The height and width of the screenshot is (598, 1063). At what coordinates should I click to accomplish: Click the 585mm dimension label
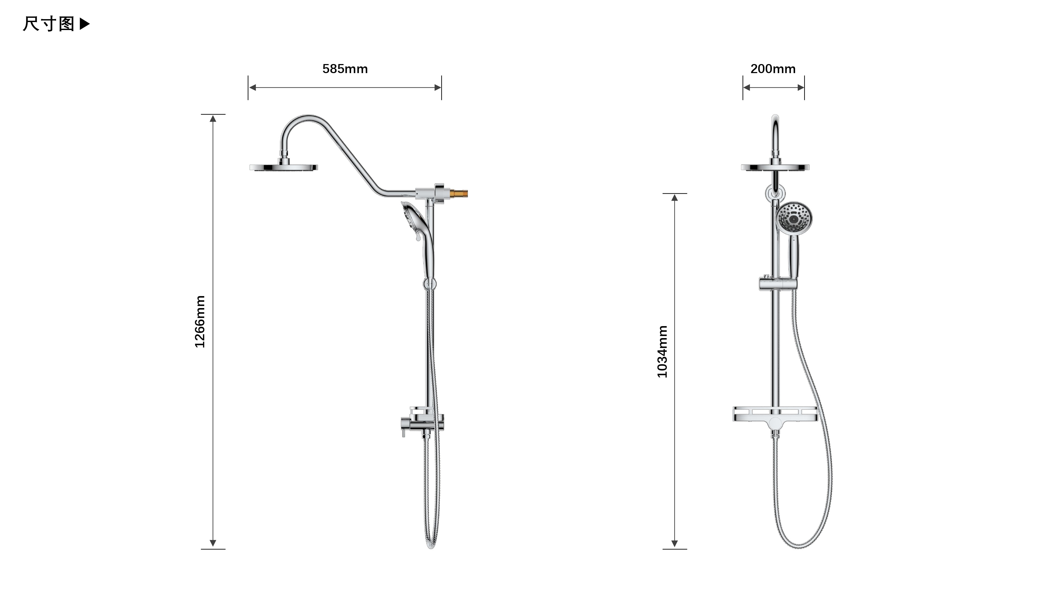[345, 69]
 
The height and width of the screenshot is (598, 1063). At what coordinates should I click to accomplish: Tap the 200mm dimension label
[773, 69]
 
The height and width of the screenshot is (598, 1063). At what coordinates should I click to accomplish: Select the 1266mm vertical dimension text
[200, 322]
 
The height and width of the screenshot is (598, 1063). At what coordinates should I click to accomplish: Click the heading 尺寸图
[48, 24]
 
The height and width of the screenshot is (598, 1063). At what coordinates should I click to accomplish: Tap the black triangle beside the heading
[84, 24]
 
